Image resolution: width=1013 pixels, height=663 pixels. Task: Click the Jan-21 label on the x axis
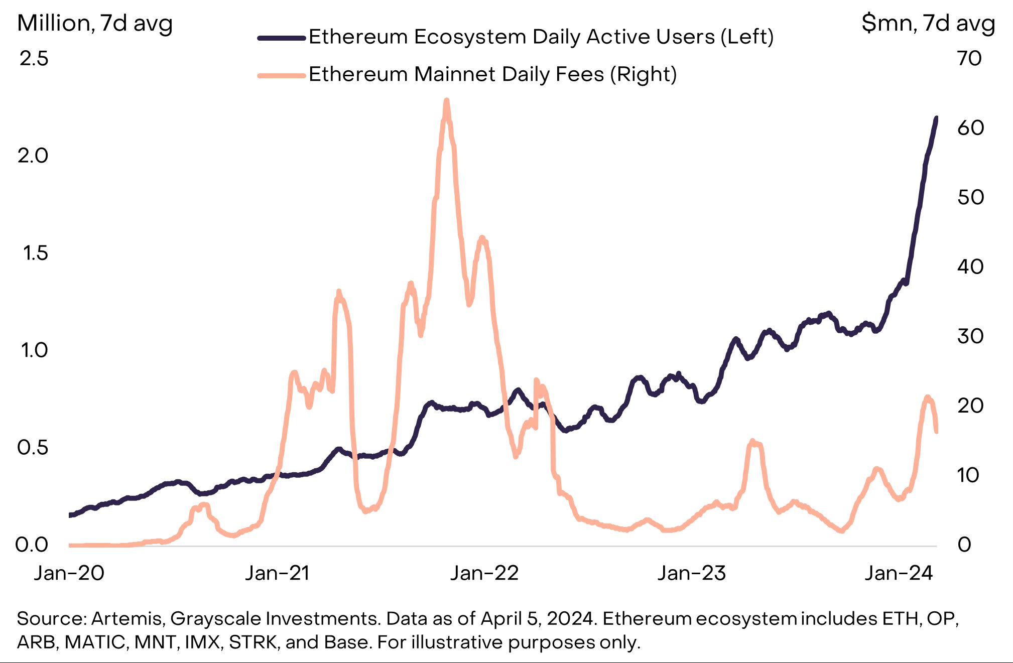[x=277, y=573]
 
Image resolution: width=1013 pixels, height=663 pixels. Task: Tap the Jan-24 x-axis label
[x=899, y=573]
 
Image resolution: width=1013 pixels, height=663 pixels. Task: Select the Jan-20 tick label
[x=69, y=573]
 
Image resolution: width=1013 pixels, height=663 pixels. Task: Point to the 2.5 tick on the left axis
[x=34, y=59]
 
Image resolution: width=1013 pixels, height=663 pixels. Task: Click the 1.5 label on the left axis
[x=35, y=253]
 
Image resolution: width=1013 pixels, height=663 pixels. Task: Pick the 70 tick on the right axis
[x=969, y=59]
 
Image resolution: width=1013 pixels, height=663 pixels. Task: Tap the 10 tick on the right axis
[x=968, y=475]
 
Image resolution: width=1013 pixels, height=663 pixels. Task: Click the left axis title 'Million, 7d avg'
[x=95, y=23]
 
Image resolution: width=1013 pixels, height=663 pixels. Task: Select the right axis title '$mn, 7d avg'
[x=928, y=23]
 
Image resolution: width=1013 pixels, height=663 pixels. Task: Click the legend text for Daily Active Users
[x=541, y=37]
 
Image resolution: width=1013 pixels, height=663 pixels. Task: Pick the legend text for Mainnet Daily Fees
[x=492, y=74]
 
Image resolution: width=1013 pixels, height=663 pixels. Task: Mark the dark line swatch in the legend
[x=282, y=38]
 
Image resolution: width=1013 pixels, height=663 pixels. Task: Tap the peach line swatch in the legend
[x=282, y=76]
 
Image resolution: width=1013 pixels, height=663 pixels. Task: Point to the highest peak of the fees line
[x=446, y=101]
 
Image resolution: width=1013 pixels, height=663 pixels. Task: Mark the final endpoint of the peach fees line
[x=936, y=431]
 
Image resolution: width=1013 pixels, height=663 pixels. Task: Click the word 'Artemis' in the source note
[x=127, y=619]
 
